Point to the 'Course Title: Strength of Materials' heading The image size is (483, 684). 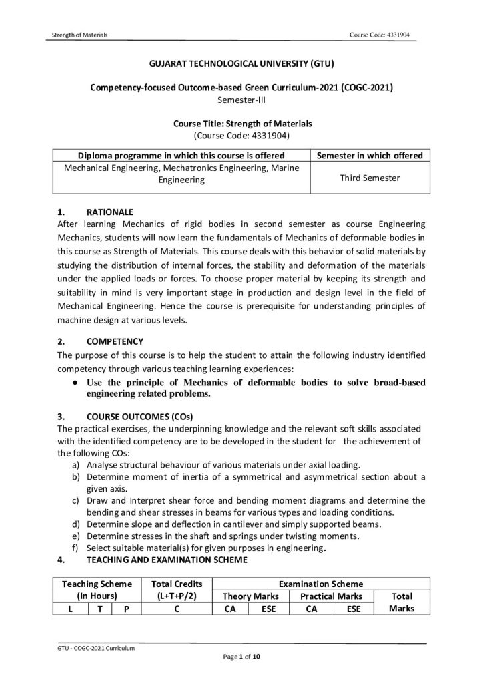tap(241, 124)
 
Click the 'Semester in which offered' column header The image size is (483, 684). tap(369, 156)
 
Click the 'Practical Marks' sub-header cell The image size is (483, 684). tap(331, 596)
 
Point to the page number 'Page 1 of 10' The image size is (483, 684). tap(241, 657)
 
